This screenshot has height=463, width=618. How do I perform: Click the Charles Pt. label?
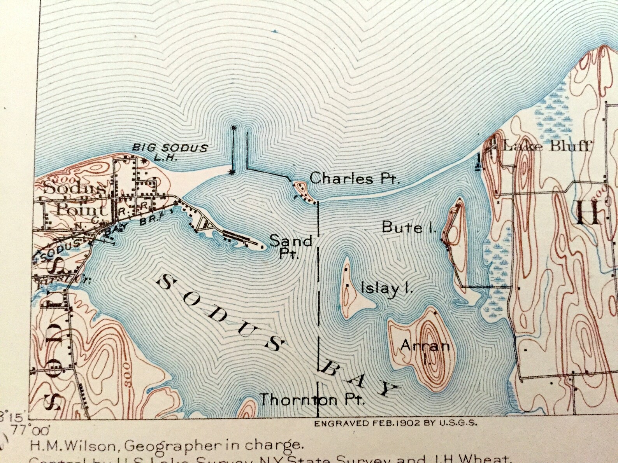(354, 179)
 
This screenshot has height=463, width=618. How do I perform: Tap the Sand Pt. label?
(291, 246)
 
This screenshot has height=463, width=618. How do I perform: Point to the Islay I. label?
(387, 288)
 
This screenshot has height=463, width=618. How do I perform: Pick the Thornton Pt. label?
(312, 399)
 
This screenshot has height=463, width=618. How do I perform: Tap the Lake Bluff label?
(547, 147)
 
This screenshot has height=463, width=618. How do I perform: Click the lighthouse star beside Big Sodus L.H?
(144, 160)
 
